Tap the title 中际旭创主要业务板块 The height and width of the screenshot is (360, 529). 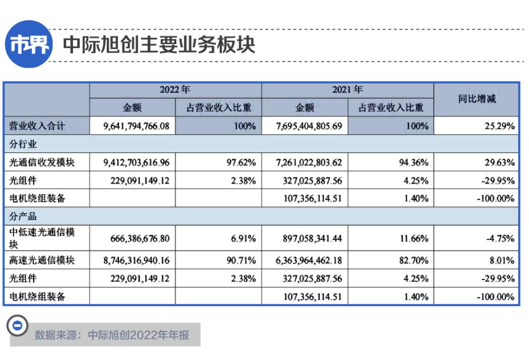click(x=159, y=45)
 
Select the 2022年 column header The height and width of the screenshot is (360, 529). click(x=175, y=90)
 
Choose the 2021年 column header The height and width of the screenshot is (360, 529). click(x=348, y=90)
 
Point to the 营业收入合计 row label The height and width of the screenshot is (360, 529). click(x=38, y=126)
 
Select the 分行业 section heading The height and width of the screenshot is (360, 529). click(x=23, y=144)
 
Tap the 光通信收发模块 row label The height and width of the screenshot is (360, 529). click(x=42, y=162)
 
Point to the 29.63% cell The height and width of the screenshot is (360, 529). click(x=500, y=162)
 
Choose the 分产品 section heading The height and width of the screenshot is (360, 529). click(x=23, y=216)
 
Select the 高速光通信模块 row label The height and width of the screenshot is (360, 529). click(x=42, y=260)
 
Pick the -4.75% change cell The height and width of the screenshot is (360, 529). click(x=500, y=238)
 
